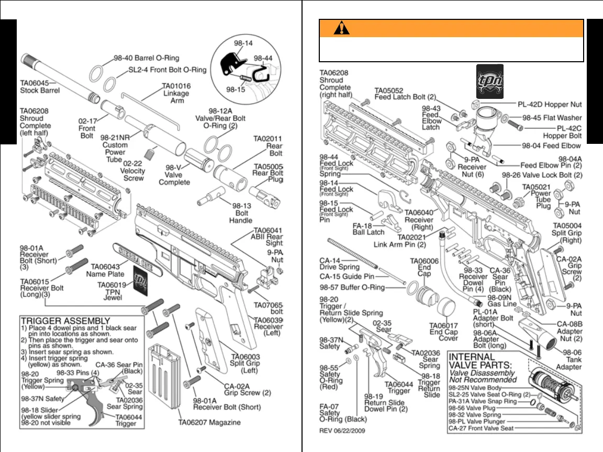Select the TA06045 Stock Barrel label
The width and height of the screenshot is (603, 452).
[x=40, y=86]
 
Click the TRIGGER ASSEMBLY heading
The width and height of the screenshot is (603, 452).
[x=65, y=321]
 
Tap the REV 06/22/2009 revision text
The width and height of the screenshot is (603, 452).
[x=342, y=431]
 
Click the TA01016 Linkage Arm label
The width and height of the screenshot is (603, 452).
[x=176, y=93]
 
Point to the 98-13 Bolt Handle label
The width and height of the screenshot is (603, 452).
[x=240, y=213]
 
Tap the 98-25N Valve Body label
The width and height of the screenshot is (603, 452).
[x=475, y=388]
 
